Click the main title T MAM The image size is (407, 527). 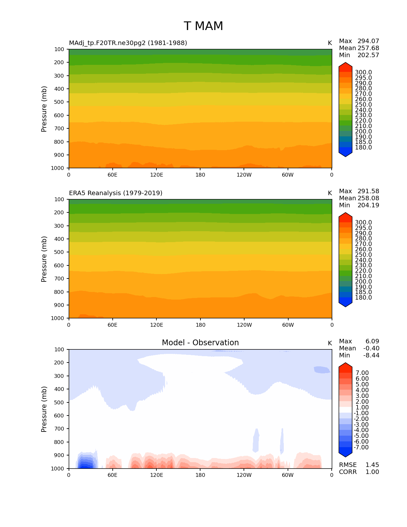click(x=203, y=26)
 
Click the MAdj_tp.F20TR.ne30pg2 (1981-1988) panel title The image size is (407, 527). click(x=128, y=43)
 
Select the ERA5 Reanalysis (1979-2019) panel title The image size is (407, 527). click(x=116, y=193)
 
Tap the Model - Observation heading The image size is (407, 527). click(x=200, y=343)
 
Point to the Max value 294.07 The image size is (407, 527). click(x=368, y=41)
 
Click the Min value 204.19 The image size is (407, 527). click(x=368, y=205)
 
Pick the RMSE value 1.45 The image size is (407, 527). click(x=372, y=465)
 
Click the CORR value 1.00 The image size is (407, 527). click(x=372, y=472)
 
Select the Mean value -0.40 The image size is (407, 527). click(x=371, y=348)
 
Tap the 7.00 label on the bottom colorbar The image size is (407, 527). click(x=362, y=373)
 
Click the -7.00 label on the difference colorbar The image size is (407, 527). click(x=361, y=447)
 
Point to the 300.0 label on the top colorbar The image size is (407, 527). click(x=363, y=73)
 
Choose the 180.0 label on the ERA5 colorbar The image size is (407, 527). click(x=363, y=297)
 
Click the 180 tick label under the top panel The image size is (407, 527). click(x=200, y=175)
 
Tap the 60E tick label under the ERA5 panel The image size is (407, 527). click(x=112, y=325)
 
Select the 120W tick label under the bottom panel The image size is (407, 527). click(x=244, y=475)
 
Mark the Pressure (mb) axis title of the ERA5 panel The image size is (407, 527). click(x=44, y=259)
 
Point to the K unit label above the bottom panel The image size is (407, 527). click(x=330, y=343)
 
